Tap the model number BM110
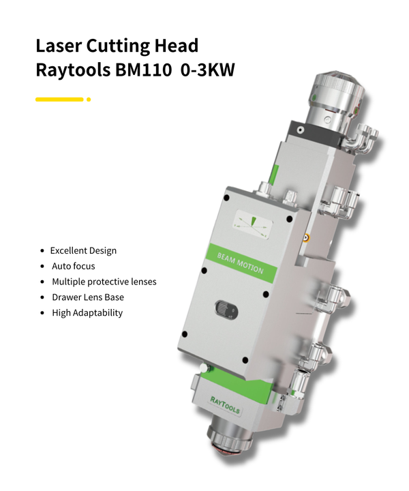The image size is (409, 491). pyautogui.click(x=138, y=70)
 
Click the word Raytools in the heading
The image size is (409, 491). pyautogui.click(x=70, y=70)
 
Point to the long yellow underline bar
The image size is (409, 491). pyautogui.click(x=59, y=100)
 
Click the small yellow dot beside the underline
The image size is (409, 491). pyautogui.click(x=89, y=100)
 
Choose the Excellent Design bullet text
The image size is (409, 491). pyautogui.click(x=83, y=250)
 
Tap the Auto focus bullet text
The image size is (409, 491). pyautogui.click(x=74, y=266)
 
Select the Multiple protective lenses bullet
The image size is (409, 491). pyautogui.click(x=104, y=282)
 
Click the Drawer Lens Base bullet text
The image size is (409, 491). pyautogui.click(x=88, y=297)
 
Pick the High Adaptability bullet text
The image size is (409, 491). pyautogui.click(x=87, y=313)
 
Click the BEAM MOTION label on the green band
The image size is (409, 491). pyautogui.click(x=240, y=262)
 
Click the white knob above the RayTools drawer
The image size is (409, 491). pyautogui.click(x=203, y=369)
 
